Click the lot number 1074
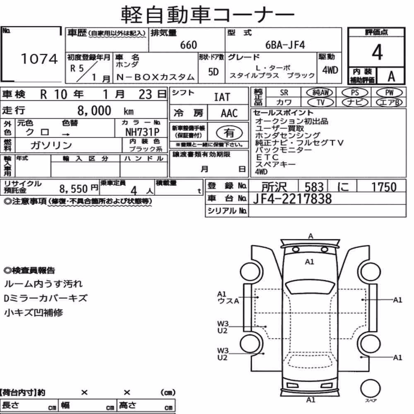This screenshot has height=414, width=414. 39,59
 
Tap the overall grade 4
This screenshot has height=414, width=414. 377,52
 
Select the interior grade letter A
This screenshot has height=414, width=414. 391,76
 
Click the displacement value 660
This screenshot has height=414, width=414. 188,45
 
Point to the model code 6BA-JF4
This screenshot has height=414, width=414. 285,45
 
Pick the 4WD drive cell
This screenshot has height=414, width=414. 330,70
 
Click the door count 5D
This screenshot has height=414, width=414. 213,72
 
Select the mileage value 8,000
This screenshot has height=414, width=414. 94,111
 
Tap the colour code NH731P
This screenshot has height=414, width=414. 142,132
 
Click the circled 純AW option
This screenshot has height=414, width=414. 320,92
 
